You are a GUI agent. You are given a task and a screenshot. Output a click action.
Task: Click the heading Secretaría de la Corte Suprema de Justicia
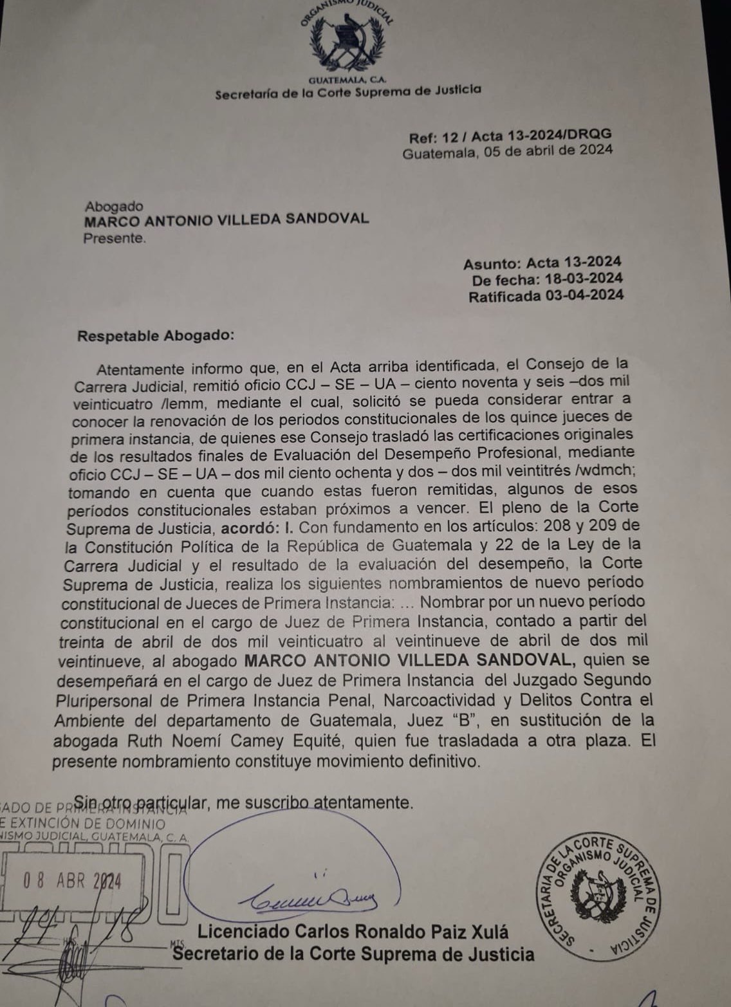pyautogui.click(x=347, y=92)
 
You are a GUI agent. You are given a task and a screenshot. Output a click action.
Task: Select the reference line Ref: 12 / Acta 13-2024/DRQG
pyautogui.click(x=510, y=136)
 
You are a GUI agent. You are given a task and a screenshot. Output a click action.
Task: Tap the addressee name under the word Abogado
pyautogui.click(x=227, y=219)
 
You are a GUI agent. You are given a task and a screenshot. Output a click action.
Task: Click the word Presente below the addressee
pyautogui.click(x=114, y=238)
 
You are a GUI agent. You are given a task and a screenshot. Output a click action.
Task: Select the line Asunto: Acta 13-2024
pyautogui.click(x=542, y=263)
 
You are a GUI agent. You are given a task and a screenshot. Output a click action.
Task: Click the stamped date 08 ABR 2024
pyautogui.click(x=72, y=880)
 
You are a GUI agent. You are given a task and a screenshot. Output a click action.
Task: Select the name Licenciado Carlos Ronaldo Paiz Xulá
pyautogui.click(x=353, y=932)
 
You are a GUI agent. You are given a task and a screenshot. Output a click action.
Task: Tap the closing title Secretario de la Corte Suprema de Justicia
pyautogui.click(x=354, y=954)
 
